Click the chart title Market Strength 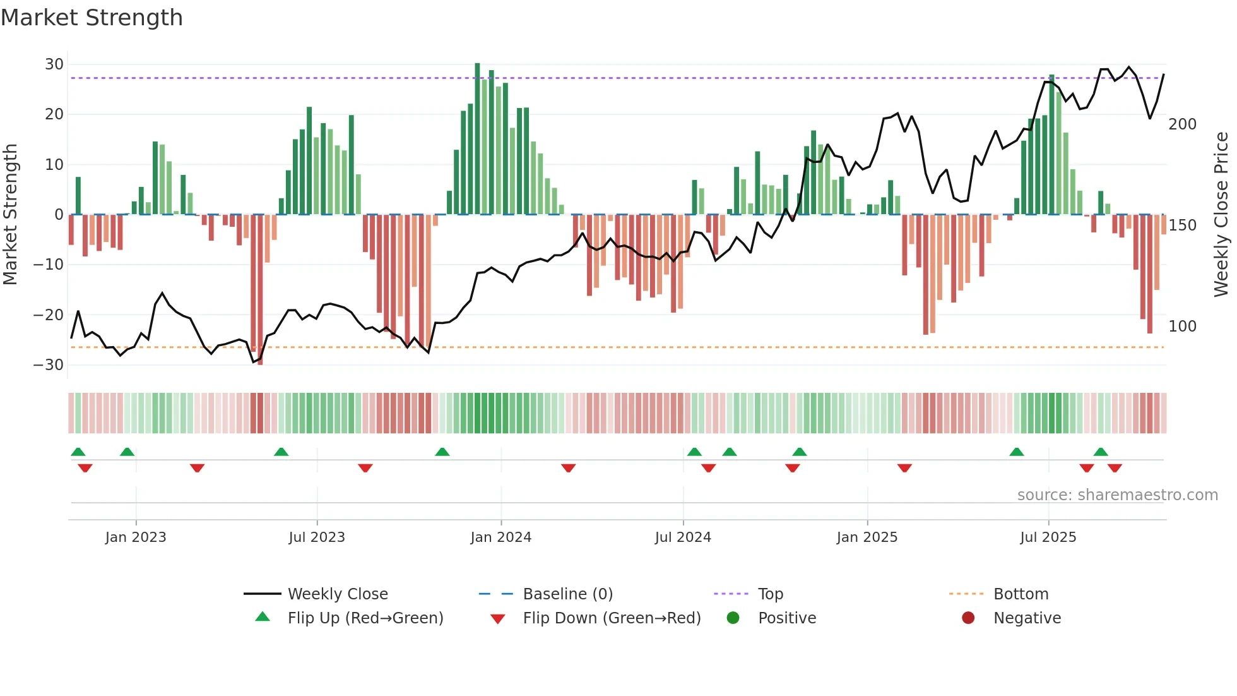click(x=92, y=18)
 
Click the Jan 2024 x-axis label click(x=500, y=537)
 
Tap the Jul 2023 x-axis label click(x=317, y=537)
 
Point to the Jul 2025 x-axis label click(x=1048, y=537)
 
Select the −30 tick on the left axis click(x=49, y=365)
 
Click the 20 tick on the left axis click(x=54, y=114)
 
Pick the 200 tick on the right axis click(x=1182, y=124)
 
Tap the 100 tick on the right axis click(x=1182, y=327)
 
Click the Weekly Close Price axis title click(x=1221, y=215)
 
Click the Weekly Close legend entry click(x=337, y=594)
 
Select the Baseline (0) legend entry click(x=567, y=594)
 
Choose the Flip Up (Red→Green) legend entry click(x=365, y=618)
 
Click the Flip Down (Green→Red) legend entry click(x=611, y=618)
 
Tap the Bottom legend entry click(x=1021, y=594)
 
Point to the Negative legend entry click(x=1027, y=618)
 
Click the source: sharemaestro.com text click(x=1117, y=495)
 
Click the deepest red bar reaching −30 click(x=260, y=291)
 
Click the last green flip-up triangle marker click(x=1101, y=452)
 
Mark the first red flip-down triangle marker click(x=85, y=468)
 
